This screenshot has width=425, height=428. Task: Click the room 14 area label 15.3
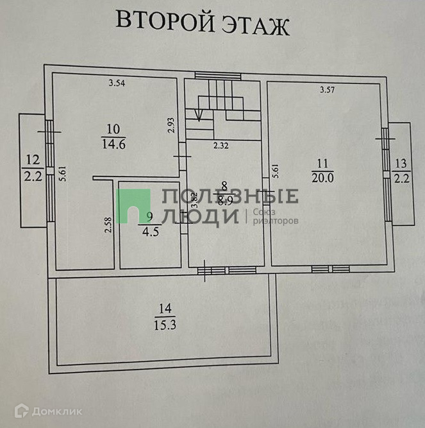click(165, 324)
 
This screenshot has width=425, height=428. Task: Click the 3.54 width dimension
click(117, 83)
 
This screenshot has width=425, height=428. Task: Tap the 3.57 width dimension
click(326, 89)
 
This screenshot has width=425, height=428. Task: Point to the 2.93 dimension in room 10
click(171, 124)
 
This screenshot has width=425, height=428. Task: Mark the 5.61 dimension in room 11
click(275, 169)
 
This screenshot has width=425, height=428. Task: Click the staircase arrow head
click(199, 117)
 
